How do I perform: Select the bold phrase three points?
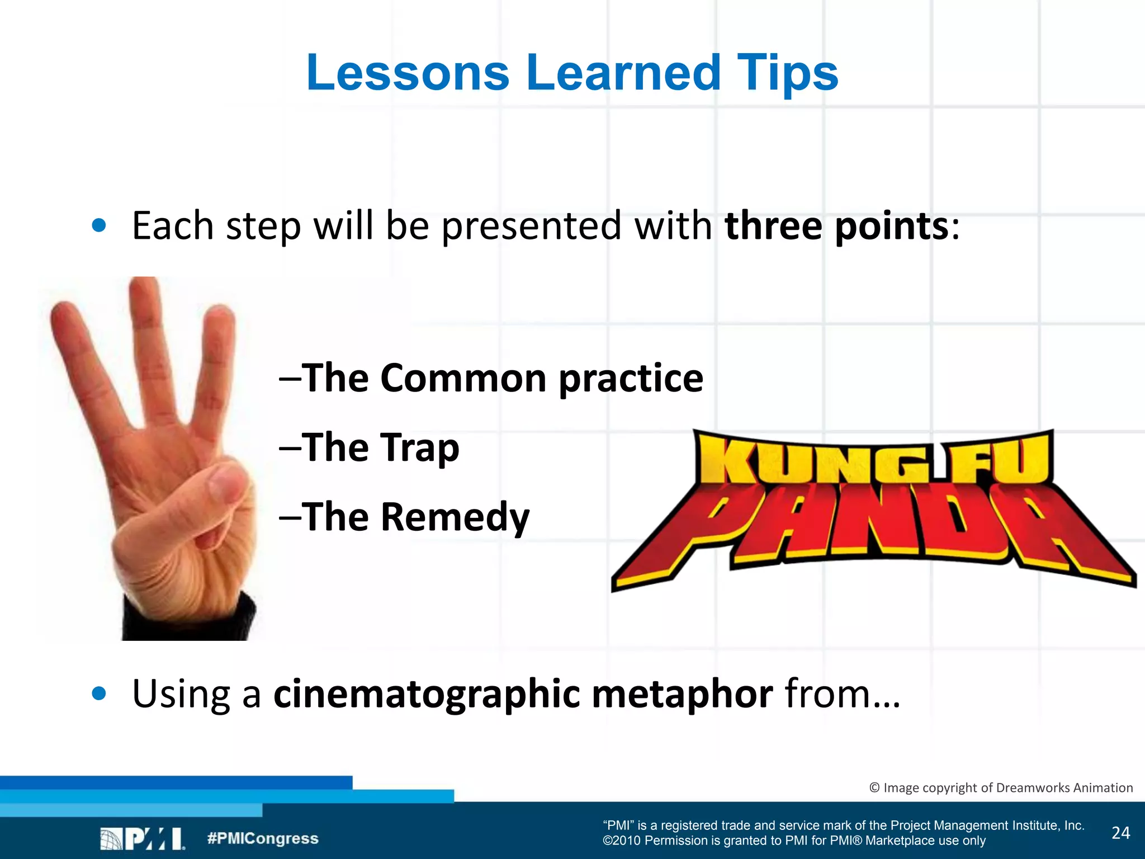click(836, 226)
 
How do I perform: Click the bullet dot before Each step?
click(99, 226)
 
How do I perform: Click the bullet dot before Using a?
click(99, 693)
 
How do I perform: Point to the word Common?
click(463, 379)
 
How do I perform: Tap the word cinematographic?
click(427, 694)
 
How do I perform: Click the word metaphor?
click(682, 694)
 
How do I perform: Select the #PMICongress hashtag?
click(262, 838)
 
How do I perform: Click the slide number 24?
click(1120, 833)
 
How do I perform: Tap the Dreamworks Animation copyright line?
click(1001, 787)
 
